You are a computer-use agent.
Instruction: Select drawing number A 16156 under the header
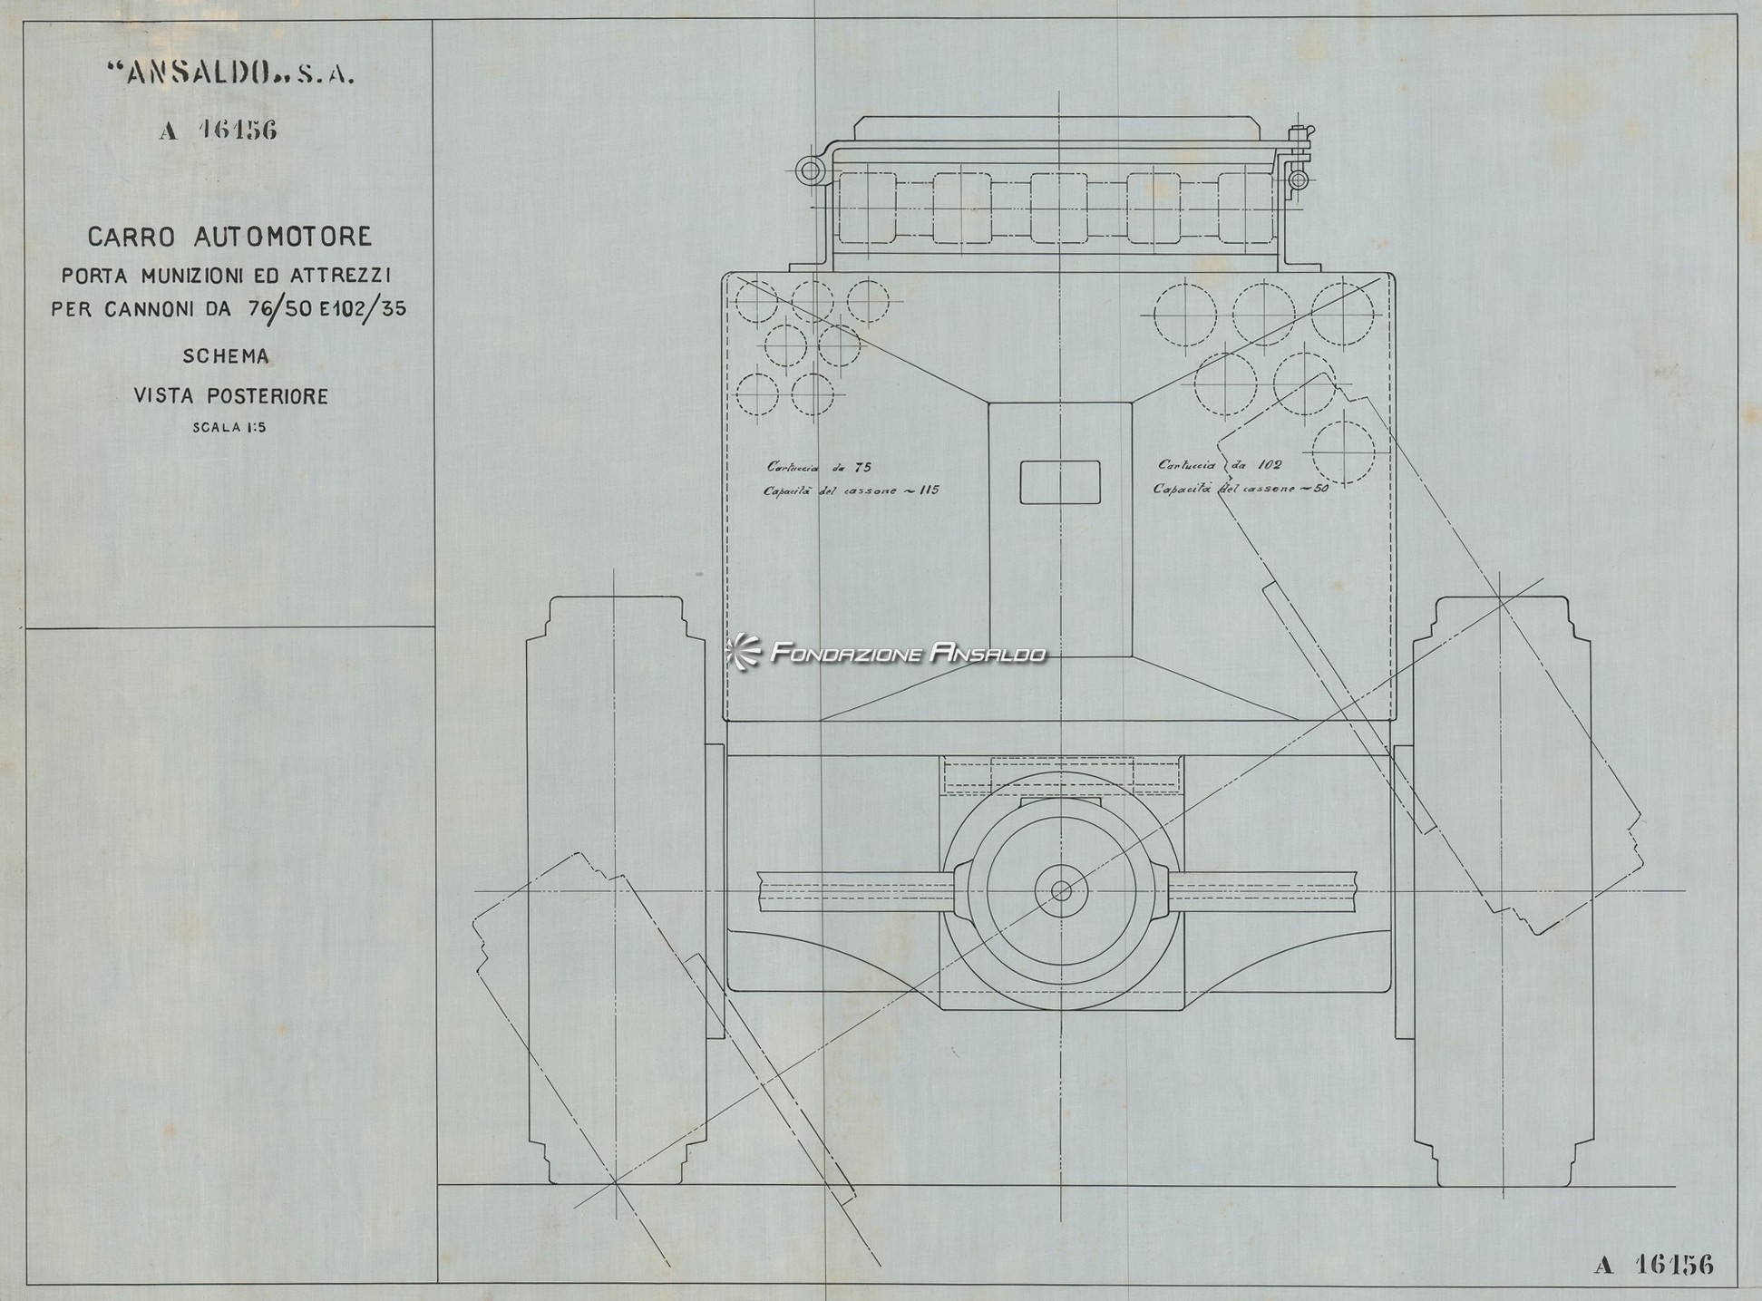(x=219, y=131)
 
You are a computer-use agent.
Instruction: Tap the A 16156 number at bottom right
(x=1653, y=1265)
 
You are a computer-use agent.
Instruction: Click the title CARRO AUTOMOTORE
(x=229, y=238)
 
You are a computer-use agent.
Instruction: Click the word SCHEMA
(x=226, y=356)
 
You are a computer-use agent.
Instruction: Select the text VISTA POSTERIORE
(x=230, y=396)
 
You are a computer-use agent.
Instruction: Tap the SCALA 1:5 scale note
(x=229, y=429)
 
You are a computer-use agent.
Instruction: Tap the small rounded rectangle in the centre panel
(x=1060, y=481)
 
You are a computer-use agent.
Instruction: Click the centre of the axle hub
(x=1061, y=891)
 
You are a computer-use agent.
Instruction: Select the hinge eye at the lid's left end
(x=808, y=170)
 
